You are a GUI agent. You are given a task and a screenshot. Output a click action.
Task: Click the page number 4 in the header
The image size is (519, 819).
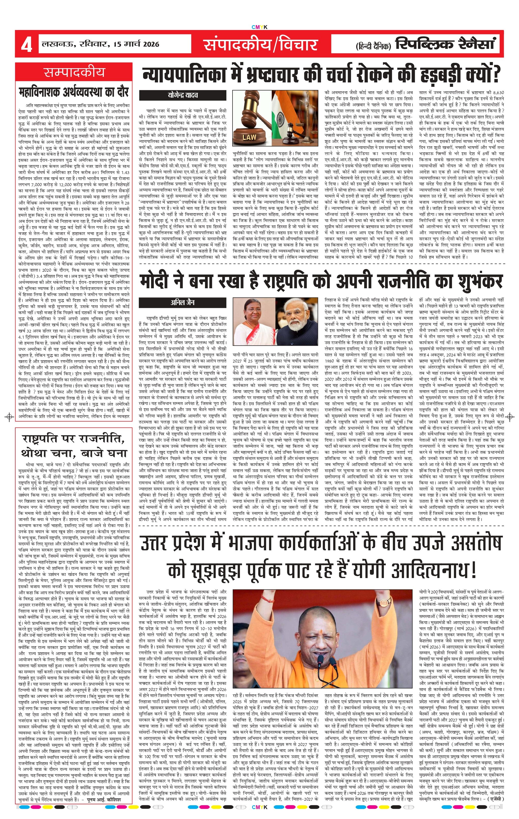[x=26, y=45]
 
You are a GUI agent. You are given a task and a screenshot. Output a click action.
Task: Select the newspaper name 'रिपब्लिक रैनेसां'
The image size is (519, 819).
[x=444, y=44]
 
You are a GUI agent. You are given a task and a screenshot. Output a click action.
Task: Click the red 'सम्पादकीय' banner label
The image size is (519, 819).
[x=74, y=72]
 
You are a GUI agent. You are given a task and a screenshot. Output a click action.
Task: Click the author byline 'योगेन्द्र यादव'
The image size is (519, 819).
[x=183, y=95]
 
